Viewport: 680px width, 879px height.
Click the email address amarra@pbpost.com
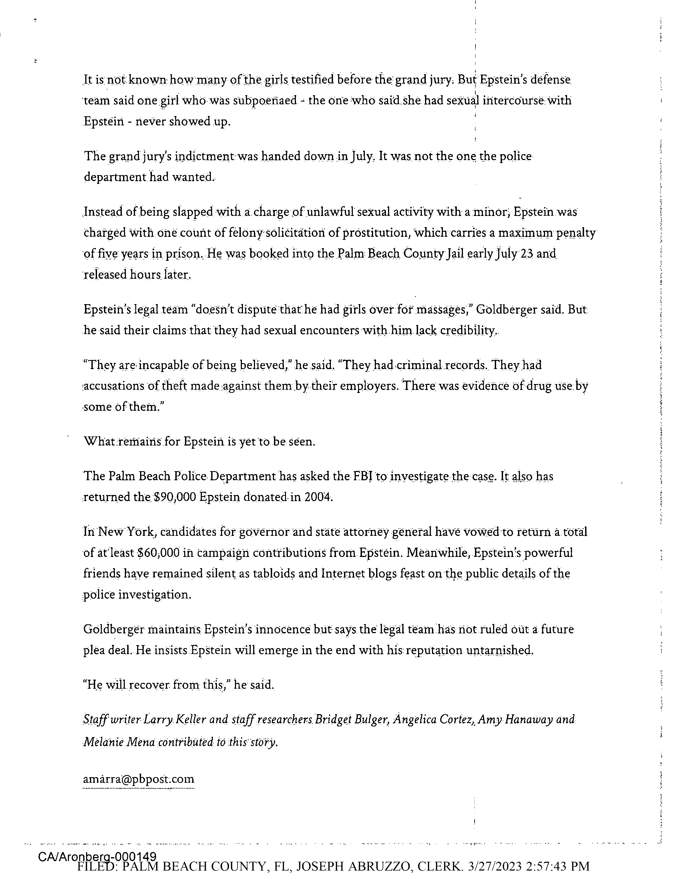[138, 779]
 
